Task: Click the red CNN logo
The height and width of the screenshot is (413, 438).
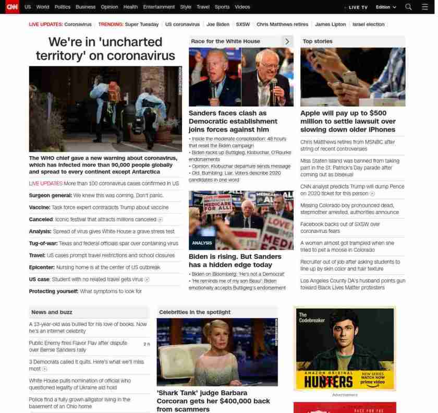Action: pyautogui.click(x=11, y=7)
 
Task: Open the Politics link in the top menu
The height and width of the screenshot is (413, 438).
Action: pyautogui.click(x=62, y=7)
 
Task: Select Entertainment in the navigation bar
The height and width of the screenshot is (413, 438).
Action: pyautogui.click(x=159, y=7)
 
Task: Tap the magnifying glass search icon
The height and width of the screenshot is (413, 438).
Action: pyautogui.click(x=408, y=7)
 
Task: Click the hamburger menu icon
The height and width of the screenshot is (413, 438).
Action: pyautogui.click(x=424, y=7)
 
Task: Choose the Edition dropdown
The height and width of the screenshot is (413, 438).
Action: pyautogui.click(x=386, y=7)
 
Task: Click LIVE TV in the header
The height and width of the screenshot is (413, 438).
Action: pyautogui.click(x=357, y=7)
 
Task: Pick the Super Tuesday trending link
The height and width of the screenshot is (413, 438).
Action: pyautogui.click(x=141, y=25)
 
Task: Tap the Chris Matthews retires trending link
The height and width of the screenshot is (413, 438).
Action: pyautogui.click(x=282, y=25)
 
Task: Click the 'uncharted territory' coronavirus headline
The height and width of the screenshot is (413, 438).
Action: pyautogui.click(x=105, y=49)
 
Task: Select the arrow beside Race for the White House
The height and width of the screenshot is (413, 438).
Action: pyautogui.click(x=287, y=41)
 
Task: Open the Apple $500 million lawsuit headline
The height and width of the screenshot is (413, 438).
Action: pyautogui.click(x=348, y=121)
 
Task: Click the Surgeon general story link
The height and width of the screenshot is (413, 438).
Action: pyautogui.click(x=96, y=195)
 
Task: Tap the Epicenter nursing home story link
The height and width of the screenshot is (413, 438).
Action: pyautogui.click(x=94, y=267)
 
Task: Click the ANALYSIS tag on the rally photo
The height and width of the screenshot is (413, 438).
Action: pyautogui.click(x=202, y=243)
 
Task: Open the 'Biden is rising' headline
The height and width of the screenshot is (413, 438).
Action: pyautogui.click(x=235, y=261)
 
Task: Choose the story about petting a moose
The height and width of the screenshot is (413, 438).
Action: pyautogui.click(x=347, y=246)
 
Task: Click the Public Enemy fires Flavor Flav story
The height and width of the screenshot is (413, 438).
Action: pyautogui.click(x=78, y=346)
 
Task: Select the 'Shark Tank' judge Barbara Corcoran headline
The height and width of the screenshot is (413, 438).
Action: pyautogui.click(x=213, y=401)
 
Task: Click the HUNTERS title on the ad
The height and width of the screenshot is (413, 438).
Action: pyautogui.click(x=328, y=382)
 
